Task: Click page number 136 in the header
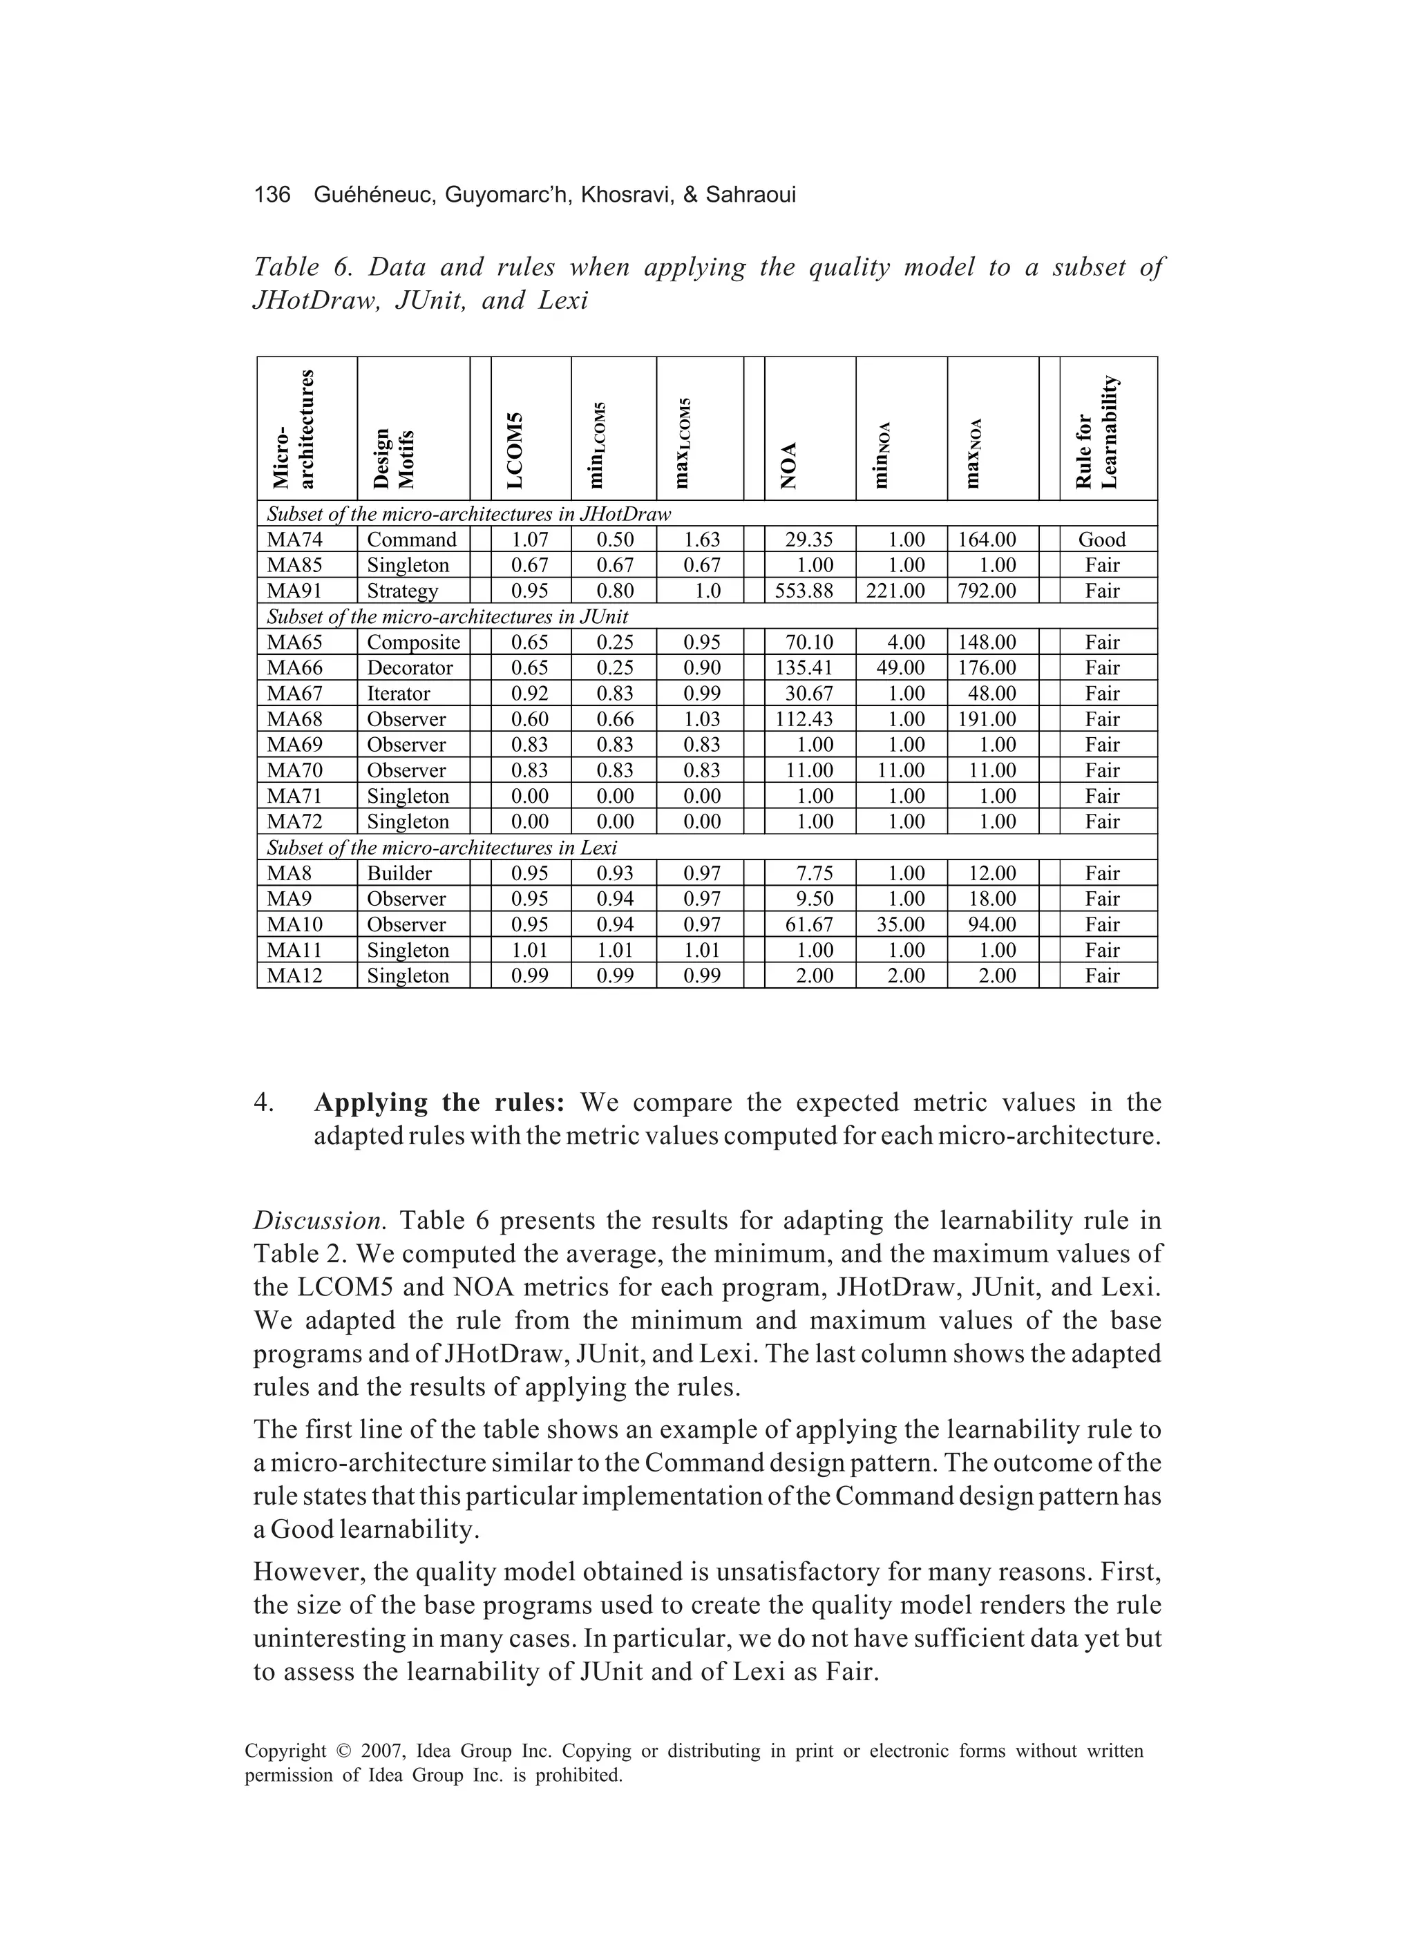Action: click(x=272, y=196)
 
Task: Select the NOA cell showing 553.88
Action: click(x=809, y=591)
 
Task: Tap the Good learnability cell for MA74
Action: click(x=1101, y=540)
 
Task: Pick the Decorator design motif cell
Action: click(x=410, y=668)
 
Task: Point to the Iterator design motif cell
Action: click(x=399, y=694)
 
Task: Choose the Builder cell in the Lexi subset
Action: click(x=399, y=874)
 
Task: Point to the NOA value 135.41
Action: click(x=809, y=668)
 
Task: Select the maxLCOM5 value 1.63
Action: click(x=701, y=540)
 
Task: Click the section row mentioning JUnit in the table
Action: click(x=447, y=617)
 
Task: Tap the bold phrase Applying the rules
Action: click(x=439, y=1103)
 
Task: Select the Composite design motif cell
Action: click(x=413, y=642)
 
